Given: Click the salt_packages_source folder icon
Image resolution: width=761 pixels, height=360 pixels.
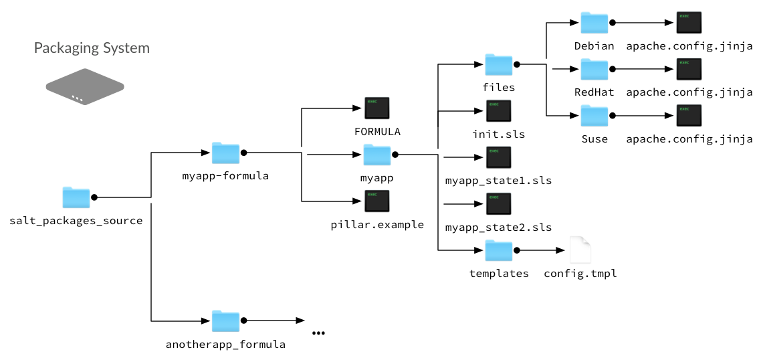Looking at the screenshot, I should pyautogui.click(x=76, y=197).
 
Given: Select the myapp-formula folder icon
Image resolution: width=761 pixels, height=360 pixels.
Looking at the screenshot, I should pyautogui.click(x=225, y=153).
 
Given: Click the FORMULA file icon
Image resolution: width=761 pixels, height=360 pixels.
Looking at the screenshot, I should pyautogui.click(x=377, y=108).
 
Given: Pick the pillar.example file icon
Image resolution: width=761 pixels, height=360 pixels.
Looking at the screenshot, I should pyautogui.click(x=377, y=201).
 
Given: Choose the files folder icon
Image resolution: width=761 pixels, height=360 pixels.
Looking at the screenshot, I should pyautogui.click(x=498, y=64).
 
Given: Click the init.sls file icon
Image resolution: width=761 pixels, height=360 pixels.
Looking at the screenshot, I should pyautogui.click(x=499, y=111).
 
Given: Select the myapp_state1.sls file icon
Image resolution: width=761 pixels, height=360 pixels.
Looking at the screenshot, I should pyautogui.click(x=499, y=158).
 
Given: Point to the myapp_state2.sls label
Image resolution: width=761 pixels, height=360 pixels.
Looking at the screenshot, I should pyautogui.click(x=498, y=227).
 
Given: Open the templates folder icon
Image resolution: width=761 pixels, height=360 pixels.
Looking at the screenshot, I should pyautogui.click(x=498, y=250).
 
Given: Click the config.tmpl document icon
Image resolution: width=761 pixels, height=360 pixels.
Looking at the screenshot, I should pyautogui.click(x=580, y=250).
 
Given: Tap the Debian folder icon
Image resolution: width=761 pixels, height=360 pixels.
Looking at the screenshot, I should pyautogui.click(x=594, y=23).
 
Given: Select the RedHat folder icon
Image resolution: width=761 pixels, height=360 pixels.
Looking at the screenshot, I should pyautogui.click(x=594, y=69).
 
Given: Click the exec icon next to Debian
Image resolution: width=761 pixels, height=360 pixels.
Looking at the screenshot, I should pyautogui.click(x=689, y=23).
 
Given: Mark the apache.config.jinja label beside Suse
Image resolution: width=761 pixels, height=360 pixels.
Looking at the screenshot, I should pyautogui.click(x=689, y=139).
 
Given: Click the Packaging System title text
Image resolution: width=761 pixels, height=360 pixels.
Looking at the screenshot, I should pyautogui.click(x=92, y=48).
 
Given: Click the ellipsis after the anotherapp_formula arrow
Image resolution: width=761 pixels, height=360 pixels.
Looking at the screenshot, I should pyautogui.click(x=318, y=333).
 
